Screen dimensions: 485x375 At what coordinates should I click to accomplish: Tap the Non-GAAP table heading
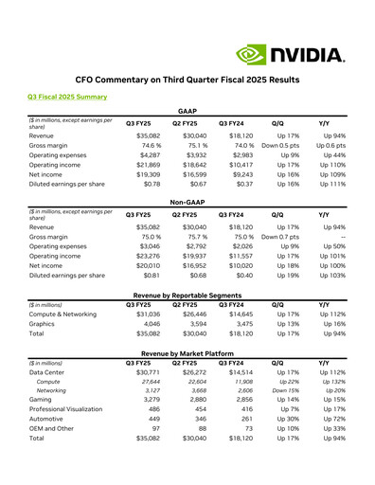click(187, 202)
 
